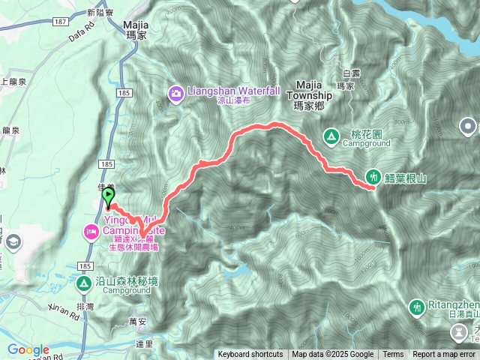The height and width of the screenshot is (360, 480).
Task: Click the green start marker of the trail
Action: (108, 196)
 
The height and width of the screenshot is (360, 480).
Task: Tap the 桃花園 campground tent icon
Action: (330, 136)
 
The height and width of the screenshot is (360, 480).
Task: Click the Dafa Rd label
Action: (82, 34)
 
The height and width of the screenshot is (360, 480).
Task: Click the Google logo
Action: (28, 349)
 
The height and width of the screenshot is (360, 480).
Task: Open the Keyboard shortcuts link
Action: (250, 355)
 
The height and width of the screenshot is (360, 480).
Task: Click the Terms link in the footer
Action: (393, 355)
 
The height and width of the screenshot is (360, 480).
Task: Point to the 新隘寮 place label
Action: (99, 13)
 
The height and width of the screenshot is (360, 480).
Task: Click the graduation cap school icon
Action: (13, 242)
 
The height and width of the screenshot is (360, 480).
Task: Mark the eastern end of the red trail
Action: (372, 189)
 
